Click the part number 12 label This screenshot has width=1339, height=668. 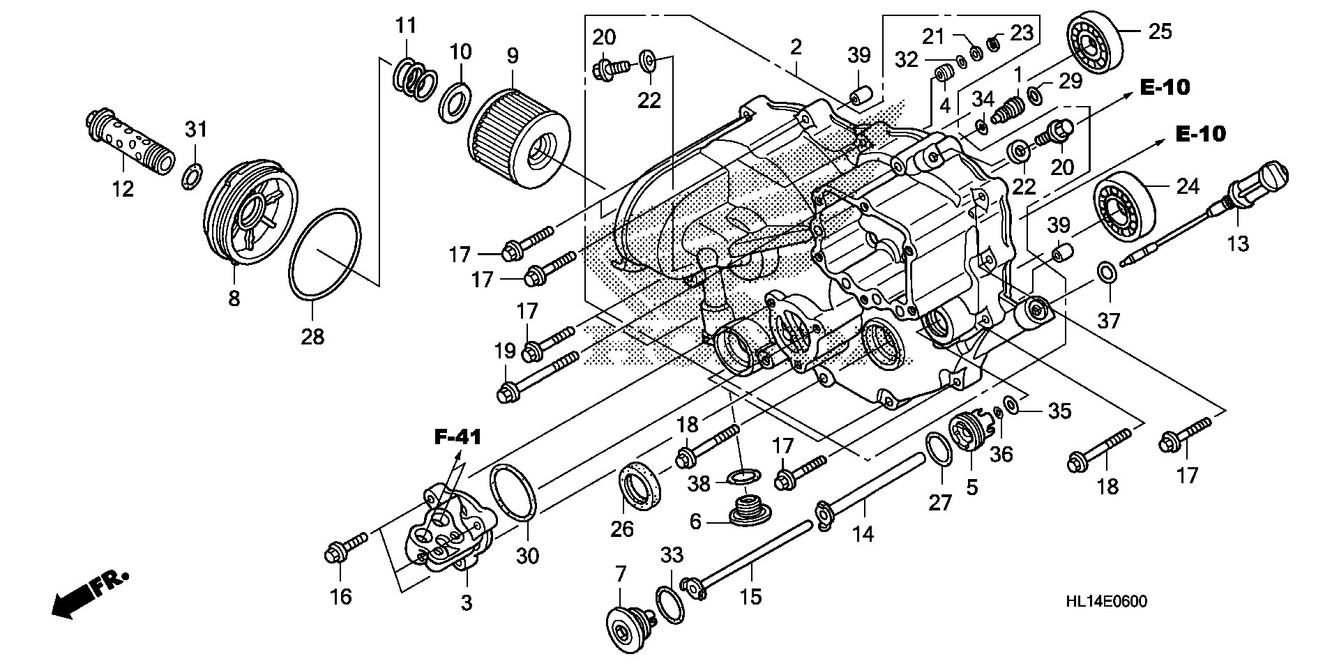[123, 188]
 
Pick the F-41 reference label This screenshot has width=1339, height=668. [457, 438]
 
